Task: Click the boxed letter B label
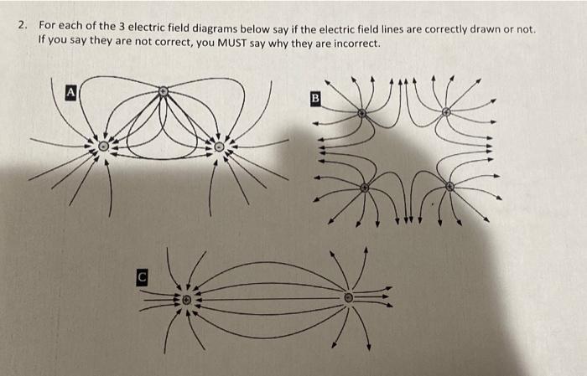316,97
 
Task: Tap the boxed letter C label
143,274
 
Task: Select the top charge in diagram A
164,90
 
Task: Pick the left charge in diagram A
103,146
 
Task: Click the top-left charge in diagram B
361,112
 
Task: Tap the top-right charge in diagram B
446,111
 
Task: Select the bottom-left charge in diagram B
364,188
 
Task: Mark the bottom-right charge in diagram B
450,186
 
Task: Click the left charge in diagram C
187,299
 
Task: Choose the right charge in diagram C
349,296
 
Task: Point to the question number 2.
23,28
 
